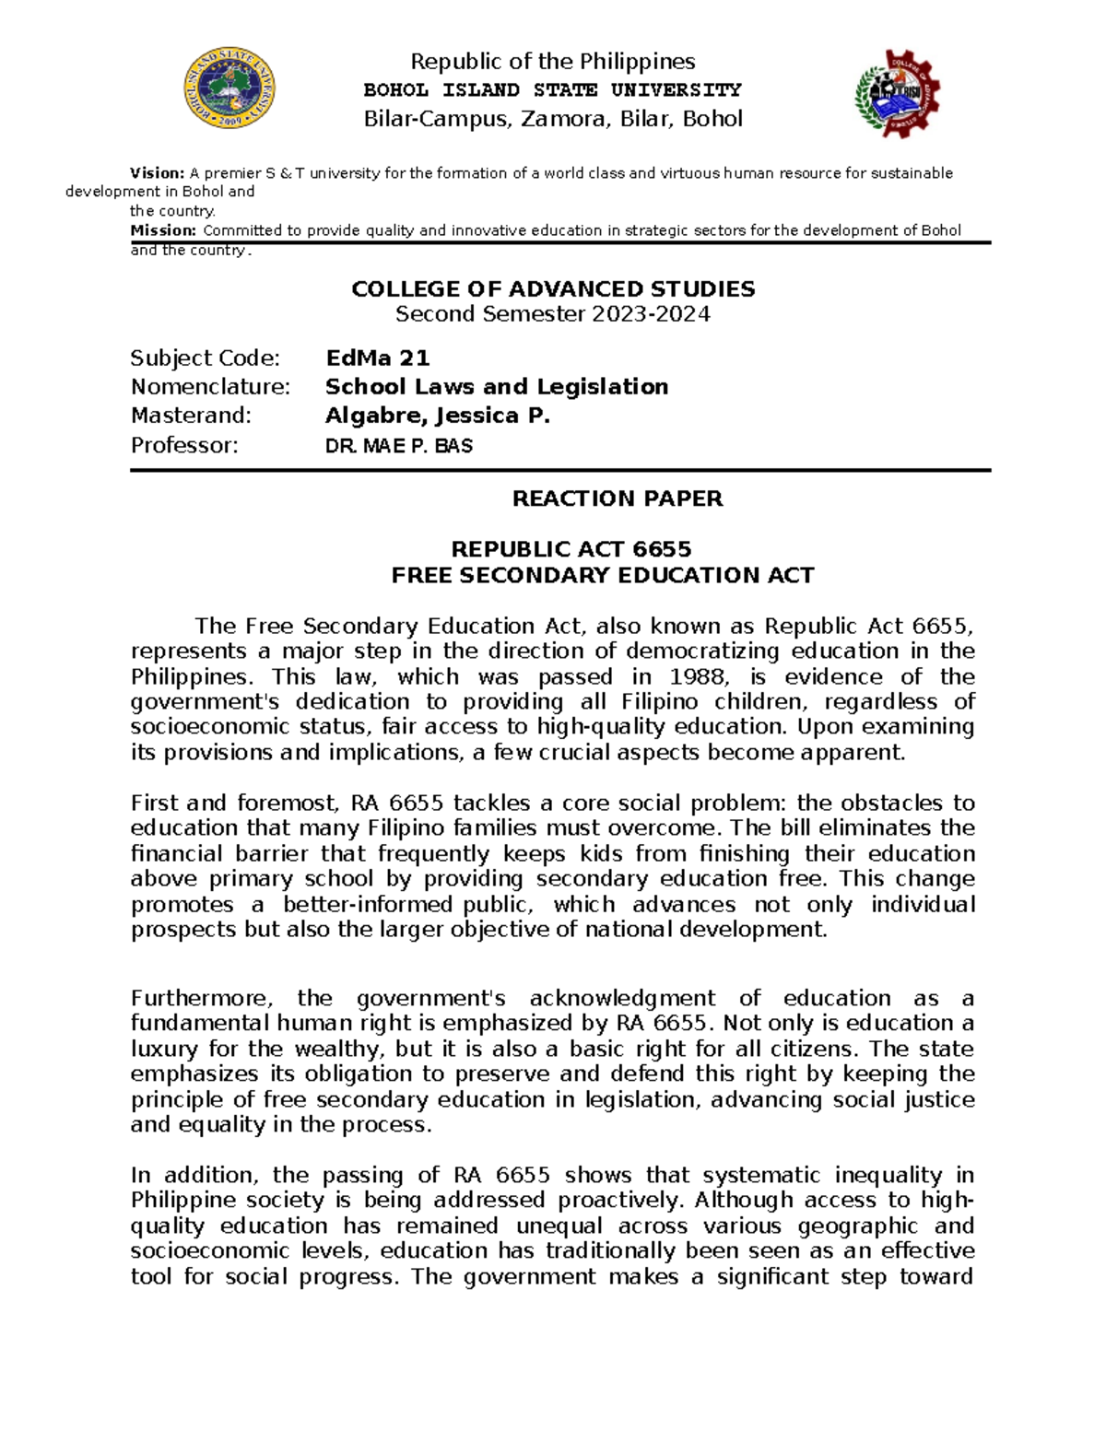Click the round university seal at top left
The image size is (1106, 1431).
(x=229, y=89)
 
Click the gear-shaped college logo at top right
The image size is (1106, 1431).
(x=898, y=94)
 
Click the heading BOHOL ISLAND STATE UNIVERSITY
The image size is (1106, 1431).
(x=552, y=90)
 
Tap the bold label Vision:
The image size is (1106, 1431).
(x=158, y=173)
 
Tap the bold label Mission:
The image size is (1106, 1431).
(x=163, y=230)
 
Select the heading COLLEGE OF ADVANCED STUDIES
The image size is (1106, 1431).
(x=553, y=289)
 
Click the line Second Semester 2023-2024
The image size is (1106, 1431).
(x=553, y=314)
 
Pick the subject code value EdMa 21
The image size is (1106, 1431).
(x=378, y=358)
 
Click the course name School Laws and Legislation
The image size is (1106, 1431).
(x=497, y=387)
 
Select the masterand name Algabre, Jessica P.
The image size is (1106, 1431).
(x=438, y=416)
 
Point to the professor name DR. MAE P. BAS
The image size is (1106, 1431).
(x=399, y=446)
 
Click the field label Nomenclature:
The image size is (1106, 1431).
(x=210, y=387)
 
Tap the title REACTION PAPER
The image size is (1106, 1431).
(x=617, y=499)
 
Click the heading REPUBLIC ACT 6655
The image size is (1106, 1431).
(x=571, y=549)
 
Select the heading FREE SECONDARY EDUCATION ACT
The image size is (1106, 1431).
(x=603, y=576)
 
